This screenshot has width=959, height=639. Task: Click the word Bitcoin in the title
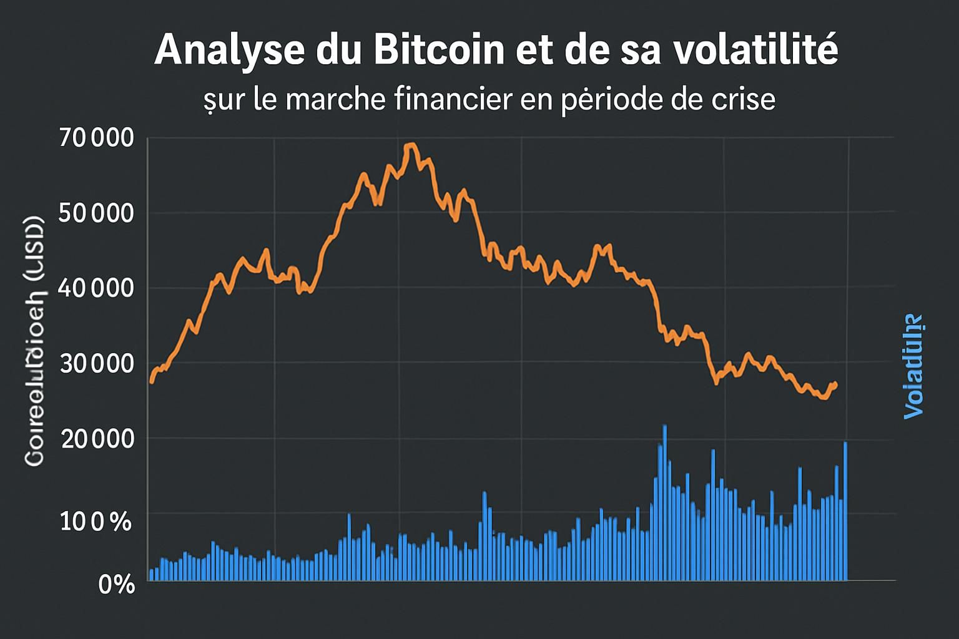pos(439,50)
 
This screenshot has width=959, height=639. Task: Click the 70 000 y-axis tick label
pos(97,137)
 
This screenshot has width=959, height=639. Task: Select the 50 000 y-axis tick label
pos(96,213)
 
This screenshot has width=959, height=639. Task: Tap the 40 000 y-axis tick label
pos(96,288)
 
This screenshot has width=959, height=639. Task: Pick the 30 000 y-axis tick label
pos(97,363)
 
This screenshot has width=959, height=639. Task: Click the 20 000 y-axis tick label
pos(97,439)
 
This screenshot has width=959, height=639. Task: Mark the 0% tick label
pos(117,585)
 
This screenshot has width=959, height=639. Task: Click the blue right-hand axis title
pos(913,366)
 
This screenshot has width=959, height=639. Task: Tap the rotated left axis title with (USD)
pos(35,341)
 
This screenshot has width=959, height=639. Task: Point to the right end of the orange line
pos(835,385)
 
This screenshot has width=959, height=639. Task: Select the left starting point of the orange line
pos(151,381)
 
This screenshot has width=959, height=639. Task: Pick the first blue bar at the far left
pos(151,574)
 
